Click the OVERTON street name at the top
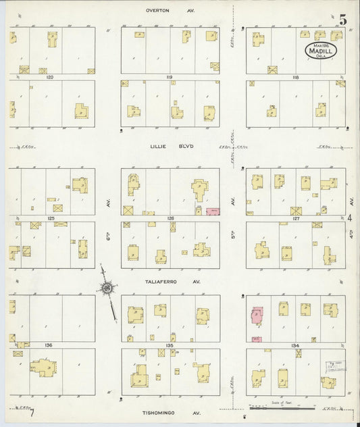pyautogui.click(x=160, y=11)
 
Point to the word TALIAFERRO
pyautogui.click(x=159, y=282)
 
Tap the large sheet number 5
pyautogui.click(x=343, y=20)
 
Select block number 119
pyautogui.click(x=170, y=78)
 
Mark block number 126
pyautogui.click(x=170, y=218)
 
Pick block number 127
pyautogui.click(x=295, y=218)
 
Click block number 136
pyautogui.click(x=49, y=345)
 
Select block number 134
pyautogui.click(x=295, y=345)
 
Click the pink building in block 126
pyautogui.click(x=212, y=212)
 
